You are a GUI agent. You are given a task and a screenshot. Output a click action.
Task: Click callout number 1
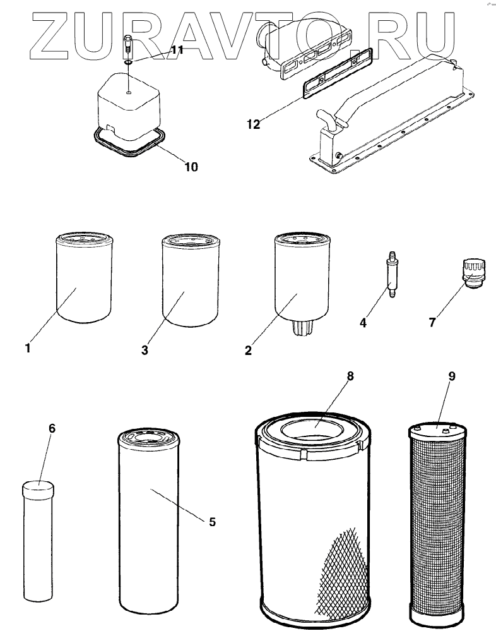coord(28,347)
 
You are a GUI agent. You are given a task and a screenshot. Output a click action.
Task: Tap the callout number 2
coord(248,350)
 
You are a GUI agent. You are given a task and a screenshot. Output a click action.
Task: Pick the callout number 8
coord(350,376)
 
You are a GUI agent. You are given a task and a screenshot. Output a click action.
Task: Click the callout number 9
coord(451,376)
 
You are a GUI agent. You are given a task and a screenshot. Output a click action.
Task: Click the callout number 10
coord(191,167)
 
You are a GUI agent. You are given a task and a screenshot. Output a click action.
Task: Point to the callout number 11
coord(177,50)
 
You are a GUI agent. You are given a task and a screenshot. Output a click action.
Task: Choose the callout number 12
coord(253,124)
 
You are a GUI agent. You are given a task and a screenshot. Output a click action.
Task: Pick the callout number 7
coord(432,323)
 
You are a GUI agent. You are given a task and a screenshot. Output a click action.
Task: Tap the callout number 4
coord(363,323)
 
